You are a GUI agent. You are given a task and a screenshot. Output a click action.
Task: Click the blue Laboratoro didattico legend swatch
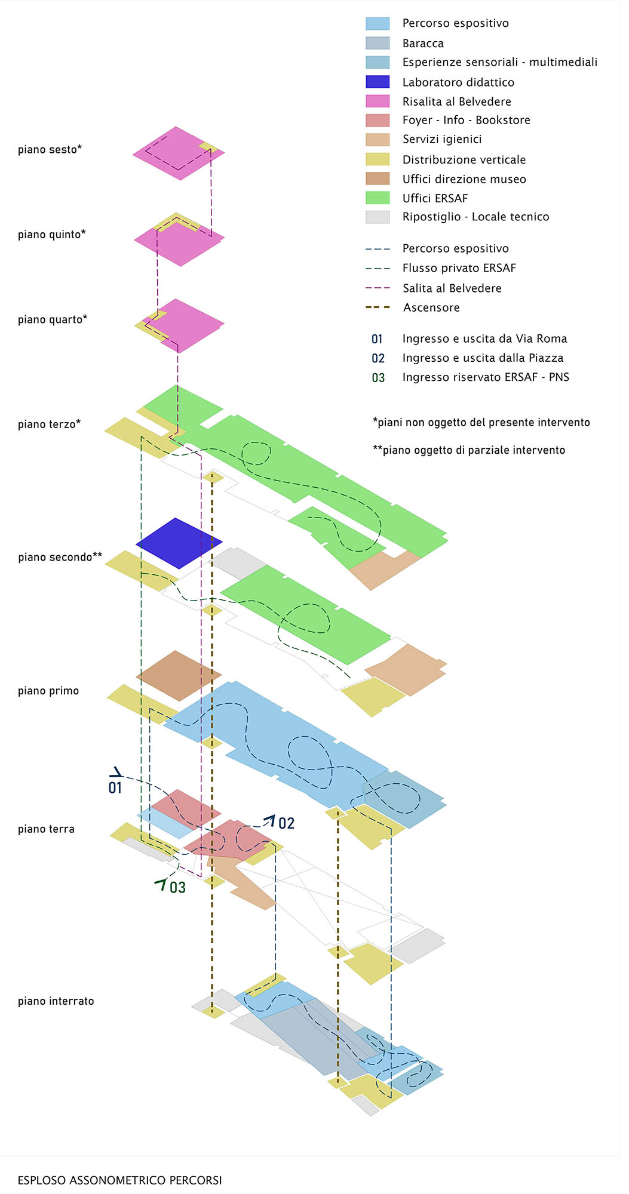pyautogui.click(x=377, y=82)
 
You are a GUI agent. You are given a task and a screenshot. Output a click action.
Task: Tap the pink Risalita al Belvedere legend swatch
pyautogui.click(x=377, y=101)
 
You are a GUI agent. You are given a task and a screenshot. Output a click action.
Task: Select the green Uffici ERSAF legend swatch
pyautogui.click(x=377, y=198)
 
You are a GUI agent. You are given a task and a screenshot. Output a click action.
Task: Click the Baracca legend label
pyautogui.click(x=423, y=43)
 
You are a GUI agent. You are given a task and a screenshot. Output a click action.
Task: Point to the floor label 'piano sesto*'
pyautogui.click(x=50, y=149)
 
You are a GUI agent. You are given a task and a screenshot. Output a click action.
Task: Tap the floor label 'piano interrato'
pyautogui.click(x=56, y=1001)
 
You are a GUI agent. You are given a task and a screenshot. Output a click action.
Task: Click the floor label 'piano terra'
pyautogui.click(x=46, y=829)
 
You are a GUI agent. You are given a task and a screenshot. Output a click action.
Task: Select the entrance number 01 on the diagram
pyautogui.click(x=115, y=787)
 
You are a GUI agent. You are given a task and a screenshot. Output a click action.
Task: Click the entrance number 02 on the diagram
pyautogui.click(x=286, y=823)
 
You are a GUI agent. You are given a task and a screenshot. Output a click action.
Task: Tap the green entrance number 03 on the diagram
pyautogui.click(x=177, y=887)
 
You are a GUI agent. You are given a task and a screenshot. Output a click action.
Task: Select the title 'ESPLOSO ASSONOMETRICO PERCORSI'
pyautogui.click(x=119, y=1180)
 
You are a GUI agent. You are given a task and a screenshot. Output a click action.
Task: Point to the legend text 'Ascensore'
pyautogui.click(x=431, y=307)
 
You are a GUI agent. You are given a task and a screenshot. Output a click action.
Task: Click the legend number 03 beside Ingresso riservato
pyautogui.click(x=378, y=377)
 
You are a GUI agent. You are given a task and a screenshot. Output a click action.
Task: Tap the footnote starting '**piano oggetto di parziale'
pyautogui.click(x=469, y=450)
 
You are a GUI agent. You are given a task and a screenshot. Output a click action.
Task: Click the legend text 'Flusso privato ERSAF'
pyautogui.click(x=459, y=268)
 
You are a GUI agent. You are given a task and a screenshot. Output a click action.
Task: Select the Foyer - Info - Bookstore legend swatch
pyautogui.click(x=377, y=120)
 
